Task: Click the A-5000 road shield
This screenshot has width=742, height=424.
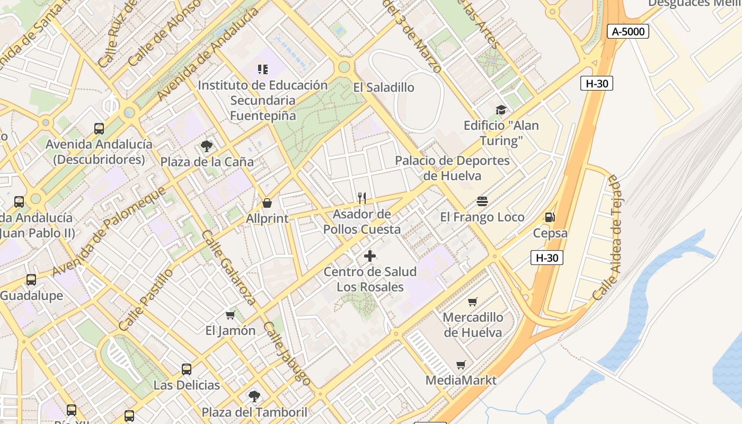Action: pyautogui.click(x=628, y=31)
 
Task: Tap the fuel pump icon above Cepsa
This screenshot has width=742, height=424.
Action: pyautogui.click(x=550, y=217)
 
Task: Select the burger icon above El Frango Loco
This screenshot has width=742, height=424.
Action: pyautogui.click(x=482, y=201)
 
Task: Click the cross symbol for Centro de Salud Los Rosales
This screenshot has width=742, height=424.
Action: pyautogui.click(x=370, y=257)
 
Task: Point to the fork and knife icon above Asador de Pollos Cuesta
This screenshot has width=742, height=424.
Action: pyautogui.click(x=362, y=198)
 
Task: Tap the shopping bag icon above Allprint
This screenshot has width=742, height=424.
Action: pyautogui.click(x=267, y=203)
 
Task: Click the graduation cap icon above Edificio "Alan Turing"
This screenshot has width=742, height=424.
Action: pyautogui.click(x=501, y=110)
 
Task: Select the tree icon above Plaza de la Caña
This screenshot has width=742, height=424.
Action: pyautogui.click(x=207, y=146)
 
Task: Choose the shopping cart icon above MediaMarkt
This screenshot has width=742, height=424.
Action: pyautogui.click(x=461, y=365)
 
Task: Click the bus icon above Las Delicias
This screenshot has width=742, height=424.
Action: pyautogui.click(x=187, y=369)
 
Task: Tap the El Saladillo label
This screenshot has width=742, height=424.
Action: pyautogui.click(x=384, y=87)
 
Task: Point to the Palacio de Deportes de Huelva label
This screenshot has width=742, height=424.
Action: pyautogui.click(x=453, y=168)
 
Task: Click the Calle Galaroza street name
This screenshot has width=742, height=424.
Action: pyautogui.click(x=228, y=268)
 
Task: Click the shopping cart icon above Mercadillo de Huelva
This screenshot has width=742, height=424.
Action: pyautogui.click(x=473, y=302)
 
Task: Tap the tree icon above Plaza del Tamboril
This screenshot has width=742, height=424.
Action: pyautogui.click(x=254, y=396)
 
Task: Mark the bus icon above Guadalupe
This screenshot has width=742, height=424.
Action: pyautogui.click(x=31, y=279)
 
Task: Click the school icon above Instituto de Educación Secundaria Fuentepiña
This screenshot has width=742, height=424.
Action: pyautogui.click(x=263, y=69)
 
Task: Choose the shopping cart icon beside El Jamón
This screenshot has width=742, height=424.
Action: pyautogui.click(x=230, y=315)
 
